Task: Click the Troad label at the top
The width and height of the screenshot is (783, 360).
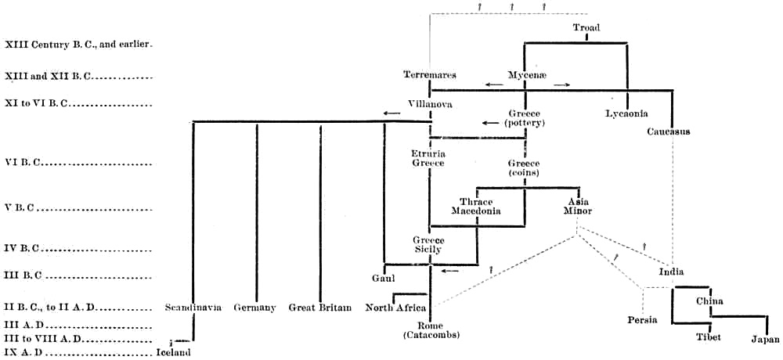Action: [x=586, y=28]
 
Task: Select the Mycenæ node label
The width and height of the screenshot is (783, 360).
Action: [x=525, y=75]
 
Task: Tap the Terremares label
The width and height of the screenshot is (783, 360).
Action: [x=430, y=75]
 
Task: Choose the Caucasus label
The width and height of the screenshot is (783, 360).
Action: [x=668, y=131]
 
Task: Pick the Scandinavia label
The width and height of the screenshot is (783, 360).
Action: [x=192, y=308]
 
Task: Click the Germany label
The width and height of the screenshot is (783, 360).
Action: [x=254, y=308]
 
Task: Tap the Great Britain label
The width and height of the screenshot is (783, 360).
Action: [x=319, y=308]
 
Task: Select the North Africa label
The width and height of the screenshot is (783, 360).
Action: [x=395, y=308]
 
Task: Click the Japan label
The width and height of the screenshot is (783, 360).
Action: [x=765, y=339]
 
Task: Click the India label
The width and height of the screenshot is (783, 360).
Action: [x=671, y=272]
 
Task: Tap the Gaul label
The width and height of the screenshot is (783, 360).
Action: [x=382, y=278]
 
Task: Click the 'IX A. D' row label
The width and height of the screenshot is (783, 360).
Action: [x=23, y=351]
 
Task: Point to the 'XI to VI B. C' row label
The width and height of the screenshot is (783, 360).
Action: [x=36, y=103]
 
